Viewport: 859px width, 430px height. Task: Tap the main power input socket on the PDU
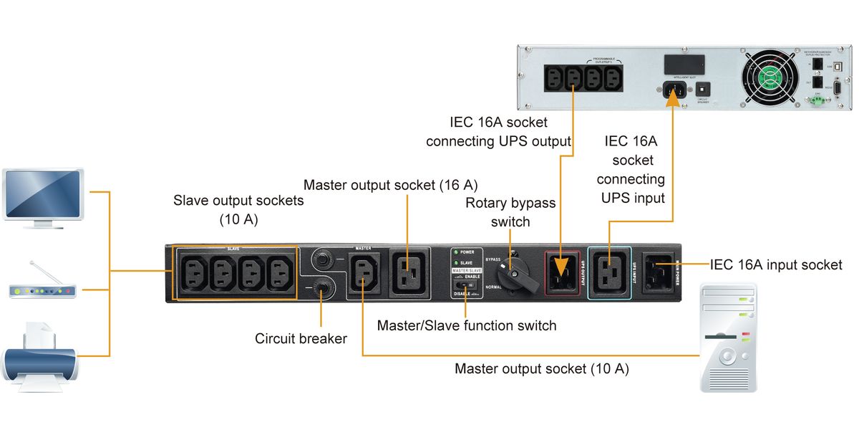[x=658, y=272]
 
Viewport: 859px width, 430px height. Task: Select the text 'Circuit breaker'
[x=301, y=339]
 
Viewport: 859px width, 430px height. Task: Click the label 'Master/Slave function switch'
[x=467, y=326]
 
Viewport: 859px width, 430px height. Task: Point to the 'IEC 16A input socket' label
[x=776, y=265]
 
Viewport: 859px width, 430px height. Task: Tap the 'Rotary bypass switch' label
[x=510, y=212]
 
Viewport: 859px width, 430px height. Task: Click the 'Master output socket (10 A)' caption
[x=541, y=370]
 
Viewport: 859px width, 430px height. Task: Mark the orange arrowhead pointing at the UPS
[x=673, y=98]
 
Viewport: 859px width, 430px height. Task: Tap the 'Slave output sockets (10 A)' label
[x=238, y=210]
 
